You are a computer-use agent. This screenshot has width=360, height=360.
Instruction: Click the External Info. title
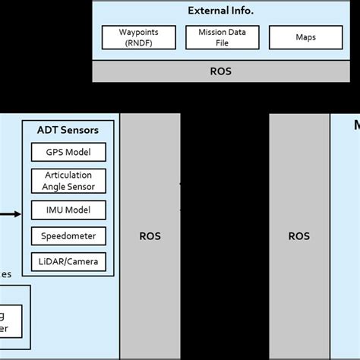220,11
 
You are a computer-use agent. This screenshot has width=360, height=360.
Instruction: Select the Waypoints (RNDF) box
137,37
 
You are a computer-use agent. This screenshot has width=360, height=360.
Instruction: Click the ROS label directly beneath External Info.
220,71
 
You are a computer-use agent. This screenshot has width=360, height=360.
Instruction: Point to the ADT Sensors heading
68,130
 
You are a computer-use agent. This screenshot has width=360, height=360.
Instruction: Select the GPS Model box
68,152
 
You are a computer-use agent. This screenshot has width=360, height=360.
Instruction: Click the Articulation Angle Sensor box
68,181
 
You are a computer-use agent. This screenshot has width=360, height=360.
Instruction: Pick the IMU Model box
68,210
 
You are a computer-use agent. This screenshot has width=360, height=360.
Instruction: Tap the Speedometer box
68,236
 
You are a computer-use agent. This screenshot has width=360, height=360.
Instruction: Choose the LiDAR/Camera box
68,263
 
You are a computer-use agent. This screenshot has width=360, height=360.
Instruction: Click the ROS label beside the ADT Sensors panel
150,236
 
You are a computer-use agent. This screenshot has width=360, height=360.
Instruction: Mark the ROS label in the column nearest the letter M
299,236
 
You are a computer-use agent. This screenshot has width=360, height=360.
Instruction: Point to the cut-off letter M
355,126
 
